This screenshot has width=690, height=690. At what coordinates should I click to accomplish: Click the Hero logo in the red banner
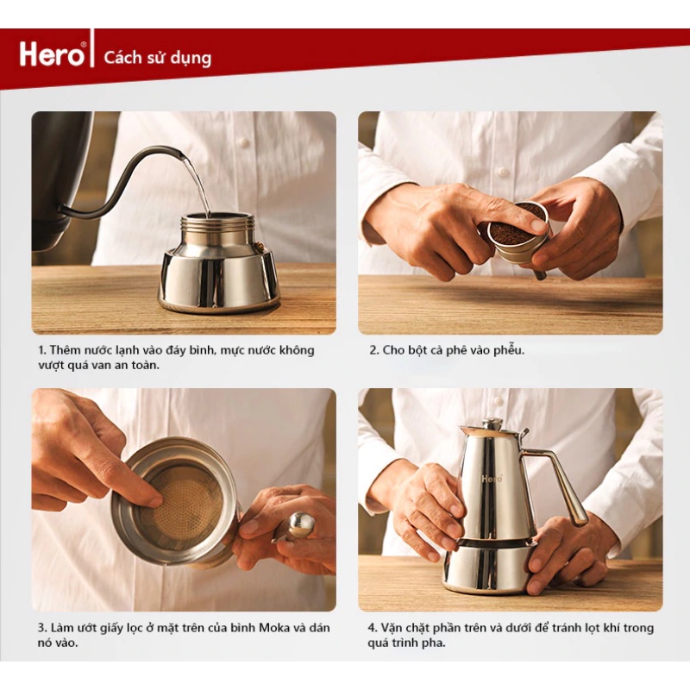(53, 54)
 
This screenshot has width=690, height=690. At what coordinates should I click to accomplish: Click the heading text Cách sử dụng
(158, 58)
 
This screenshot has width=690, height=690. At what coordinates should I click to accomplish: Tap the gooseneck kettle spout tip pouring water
(182, 155)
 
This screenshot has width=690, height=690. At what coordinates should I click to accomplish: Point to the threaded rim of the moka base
(218, 223)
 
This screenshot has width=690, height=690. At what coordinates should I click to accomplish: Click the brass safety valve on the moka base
(258, 245)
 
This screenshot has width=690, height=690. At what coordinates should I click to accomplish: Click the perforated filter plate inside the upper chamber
(185, 501)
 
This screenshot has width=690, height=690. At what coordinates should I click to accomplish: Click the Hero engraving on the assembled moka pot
(492, 479)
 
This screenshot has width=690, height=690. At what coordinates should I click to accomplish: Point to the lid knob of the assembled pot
(492, 423)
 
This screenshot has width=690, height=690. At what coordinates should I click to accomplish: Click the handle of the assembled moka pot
(559, 483)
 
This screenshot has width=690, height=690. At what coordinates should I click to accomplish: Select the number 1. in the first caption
(42, 350)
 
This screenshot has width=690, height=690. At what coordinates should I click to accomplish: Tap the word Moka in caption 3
(274, 627)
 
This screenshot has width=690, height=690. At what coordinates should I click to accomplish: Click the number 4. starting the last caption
(373, 628)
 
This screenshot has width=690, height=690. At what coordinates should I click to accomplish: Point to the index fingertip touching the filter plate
(155, 500)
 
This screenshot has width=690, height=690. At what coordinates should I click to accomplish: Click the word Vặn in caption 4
(390, 627)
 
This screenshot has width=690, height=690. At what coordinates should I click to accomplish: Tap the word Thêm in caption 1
(65, 350)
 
